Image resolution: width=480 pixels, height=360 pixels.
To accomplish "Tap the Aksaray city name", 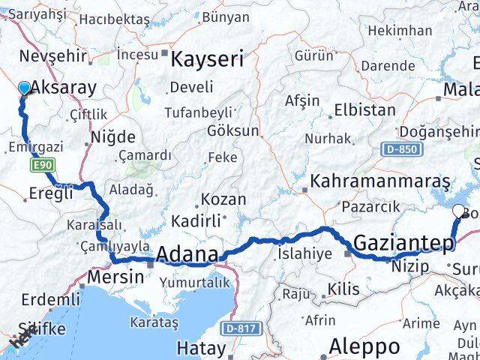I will point(64,87).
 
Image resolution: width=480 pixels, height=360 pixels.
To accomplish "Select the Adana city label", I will point(187,253).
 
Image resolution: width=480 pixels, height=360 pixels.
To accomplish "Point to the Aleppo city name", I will point(365,346).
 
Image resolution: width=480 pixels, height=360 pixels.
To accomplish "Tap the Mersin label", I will point(115,277).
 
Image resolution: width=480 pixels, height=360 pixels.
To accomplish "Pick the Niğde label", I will point(113,137).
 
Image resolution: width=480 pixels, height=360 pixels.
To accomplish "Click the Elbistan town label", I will point(364,109).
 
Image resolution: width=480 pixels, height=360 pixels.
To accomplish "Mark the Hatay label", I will point(200,348).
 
